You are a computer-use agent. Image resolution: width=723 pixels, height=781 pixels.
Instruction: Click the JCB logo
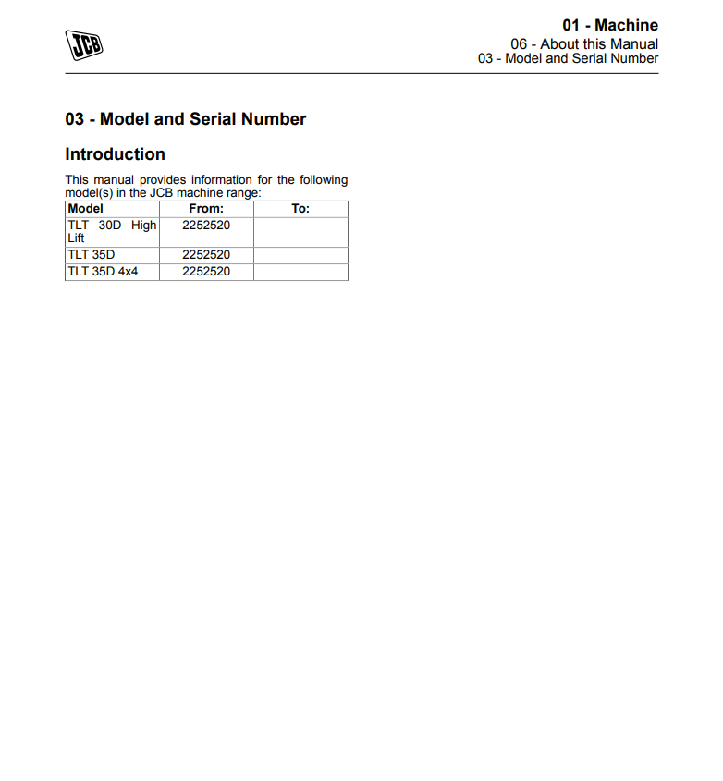[83, 45]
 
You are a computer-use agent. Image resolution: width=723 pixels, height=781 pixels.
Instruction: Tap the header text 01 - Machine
[610, 25]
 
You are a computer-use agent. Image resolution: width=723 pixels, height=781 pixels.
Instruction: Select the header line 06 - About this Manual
[584, 43]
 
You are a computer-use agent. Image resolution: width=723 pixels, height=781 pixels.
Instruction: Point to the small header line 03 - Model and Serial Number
[568, 58]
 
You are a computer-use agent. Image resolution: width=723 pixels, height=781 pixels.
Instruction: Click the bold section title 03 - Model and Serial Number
[185, 119]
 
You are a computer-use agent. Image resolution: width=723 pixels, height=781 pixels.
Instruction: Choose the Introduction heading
[115, 154]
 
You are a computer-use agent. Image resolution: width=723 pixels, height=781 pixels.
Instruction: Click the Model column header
[86, 209]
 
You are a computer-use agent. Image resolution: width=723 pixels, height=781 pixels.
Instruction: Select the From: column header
[206, 209]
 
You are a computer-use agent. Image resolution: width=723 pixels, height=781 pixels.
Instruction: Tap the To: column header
[300, 209]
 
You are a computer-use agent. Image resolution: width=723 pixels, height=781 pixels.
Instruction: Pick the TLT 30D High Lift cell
[112, 231]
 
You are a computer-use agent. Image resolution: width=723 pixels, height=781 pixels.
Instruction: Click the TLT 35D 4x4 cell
[103, 272]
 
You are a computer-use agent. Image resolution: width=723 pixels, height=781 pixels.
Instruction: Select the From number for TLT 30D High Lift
[206, 226]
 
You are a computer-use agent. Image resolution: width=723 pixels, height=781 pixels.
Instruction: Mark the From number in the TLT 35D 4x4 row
[206, 272]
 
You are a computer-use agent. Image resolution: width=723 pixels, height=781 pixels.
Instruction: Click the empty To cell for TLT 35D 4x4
[300, 272]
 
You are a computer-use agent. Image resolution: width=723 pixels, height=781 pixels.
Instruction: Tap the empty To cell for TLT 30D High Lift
[300, 232]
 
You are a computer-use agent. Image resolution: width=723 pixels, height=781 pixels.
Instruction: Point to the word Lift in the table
[77, 238]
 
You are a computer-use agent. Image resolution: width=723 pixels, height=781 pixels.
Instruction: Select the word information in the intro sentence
[220, 180]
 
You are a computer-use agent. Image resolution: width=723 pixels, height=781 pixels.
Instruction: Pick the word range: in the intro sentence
[244, 192]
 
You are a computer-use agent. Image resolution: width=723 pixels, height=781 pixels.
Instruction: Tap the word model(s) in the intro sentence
[89, 192]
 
